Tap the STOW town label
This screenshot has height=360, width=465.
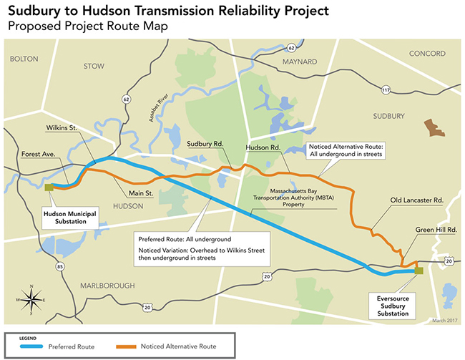tap(94, 66)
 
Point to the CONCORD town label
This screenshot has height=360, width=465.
tap(426, 54)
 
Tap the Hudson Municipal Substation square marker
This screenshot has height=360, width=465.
tap(49, 188)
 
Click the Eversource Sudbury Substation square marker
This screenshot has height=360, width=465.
tap(418, 271)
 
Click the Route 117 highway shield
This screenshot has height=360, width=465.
tap(386, 89)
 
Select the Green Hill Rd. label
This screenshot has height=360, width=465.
tap(436, 230)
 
